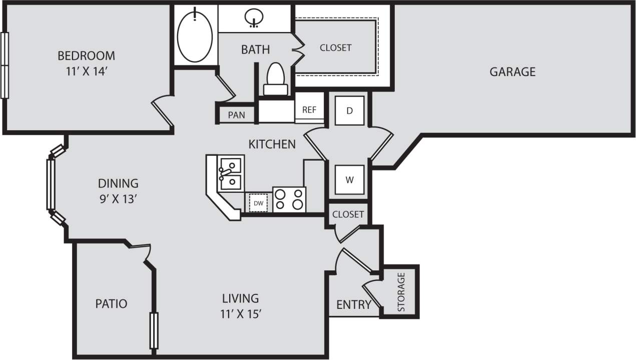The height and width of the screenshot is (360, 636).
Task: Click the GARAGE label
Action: pyautogui.click(x=512, y=72)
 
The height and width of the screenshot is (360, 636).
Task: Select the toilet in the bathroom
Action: pyautogui.click(x=276, y=79)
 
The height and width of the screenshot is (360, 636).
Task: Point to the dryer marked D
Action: pyautogui.click(x=350, y=110)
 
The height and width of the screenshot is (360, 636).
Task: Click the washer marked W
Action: pyautogui.click(x=350, y=179)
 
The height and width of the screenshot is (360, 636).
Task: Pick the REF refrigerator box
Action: pyautogui.click(x=309, y=110)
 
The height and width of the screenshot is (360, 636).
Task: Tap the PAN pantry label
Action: pyautogui.click(x=236, y=115)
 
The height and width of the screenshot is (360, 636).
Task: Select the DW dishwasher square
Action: pyautogui.click(x=258, y=203)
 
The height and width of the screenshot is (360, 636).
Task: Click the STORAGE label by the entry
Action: pyautogui.click(x=401, y=292)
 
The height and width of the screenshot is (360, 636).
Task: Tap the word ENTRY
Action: pyautogui.click(x=353, y=304)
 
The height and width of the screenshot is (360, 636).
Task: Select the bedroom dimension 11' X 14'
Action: pyautogui.click(x=86, y=71)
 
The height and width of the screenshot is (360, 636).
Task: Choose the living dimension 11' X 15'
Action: pyautogui.click(x=241, y=314)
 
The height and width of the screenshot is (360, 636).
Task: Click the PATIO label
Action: pyautogui.click(x=111, y=303)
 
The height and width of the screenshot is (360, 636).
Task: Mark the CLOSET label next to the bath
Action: pyautogui.click(x=335, y=48)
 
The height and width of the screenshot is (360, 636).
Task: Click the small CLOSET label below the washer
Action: pyautogui.click(x=348, y=214)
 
